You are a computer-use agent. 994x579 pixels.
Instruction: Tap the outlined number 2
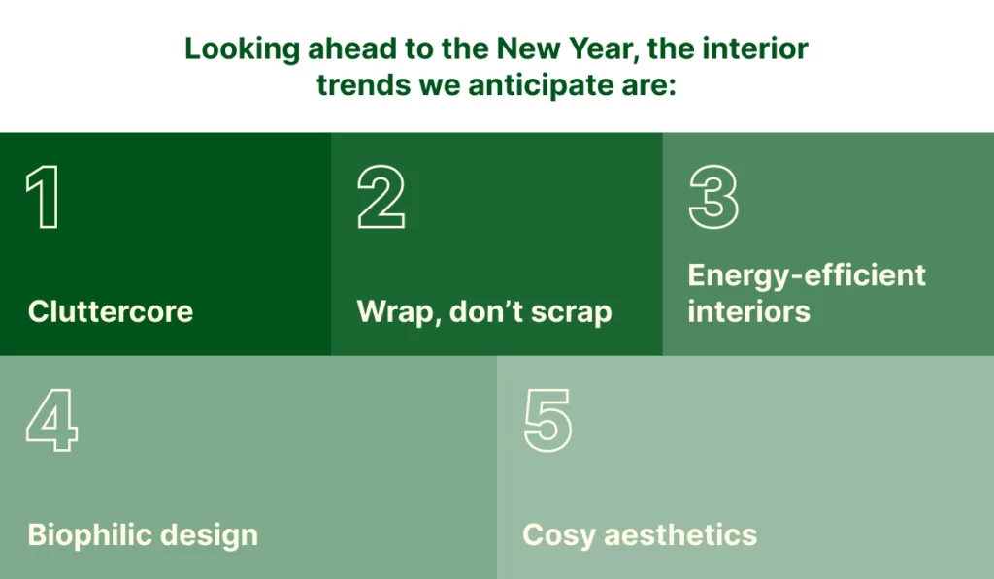(381, 196)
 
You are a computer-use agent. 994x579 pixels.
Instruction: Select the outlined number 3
(713, 196)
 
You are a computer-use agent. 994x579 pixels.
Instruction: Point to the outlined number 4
(52, 420)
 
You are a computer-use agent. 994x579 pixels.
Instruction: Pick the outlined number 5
(547, 421)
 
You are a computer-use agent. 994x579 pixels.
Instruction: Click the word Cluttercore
(111, 311)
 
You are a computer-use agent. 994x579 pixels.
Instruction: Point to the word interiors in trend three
(748, 311)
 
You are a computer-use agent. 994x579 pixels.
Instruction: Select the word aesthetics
(680, 535)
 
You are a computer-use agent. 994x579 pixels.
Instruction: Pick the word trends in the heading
(364, 85)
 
